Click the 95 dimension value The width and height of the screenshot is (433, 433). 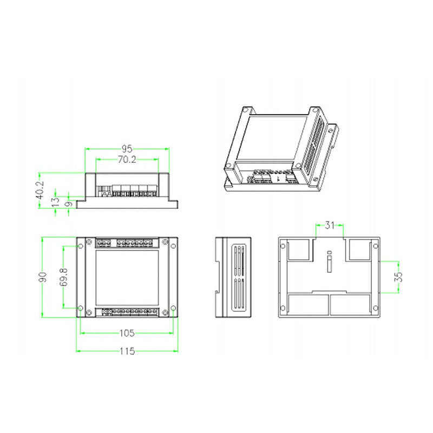(127, 149)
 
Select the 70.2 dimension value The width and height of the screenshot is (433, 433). (127, 160)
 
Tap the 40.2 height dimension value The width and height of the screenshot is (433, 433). (40, 190)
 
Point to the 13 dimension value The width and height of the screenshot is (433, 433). (56, 202)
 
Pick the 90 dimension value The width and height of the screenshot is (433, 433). (43, 277)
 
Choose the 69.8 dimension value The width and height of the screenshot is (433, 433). (64, 277)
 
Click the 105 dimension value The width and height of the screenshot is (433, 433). (127, 333)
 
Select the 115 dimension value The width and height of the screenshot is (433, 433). (127, 351)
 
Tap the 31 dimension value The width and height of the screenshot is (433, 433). (330, 225)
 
